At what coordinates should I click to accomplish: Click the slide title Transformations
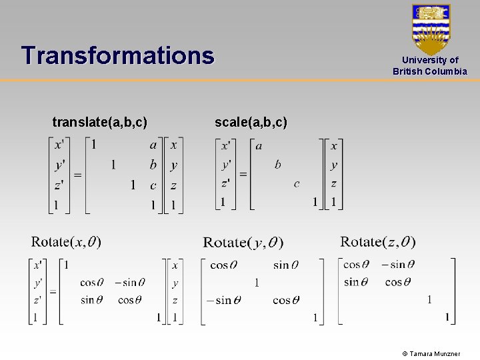pos(117,55)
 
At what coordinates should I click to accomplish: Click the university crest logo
pos(431,29)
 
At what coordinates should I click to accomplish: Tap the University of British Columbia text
pos(430,65)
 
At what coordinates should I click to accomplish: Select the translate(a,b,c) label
pos(100,122)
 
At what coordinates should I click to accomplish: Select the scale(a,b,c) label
pos(251,122)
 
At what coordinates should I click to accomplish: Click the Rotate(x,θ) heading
pos(66,241)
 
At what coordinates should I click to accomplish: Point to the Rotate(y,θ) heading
pos(243,243)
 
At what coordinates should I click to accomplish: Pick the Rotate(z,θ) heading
pos(377,241)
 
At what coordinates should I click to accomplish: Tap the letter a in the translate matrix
pos(153,145)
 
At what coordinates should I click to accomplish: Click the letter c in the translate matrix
pos(153,185)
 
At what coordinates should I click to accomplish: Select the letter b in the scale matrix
pos(277,164)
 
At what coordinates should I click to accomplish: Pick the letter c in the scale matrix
pos(297,183)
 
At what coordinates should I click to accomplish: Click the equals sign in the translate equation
pos(77,175)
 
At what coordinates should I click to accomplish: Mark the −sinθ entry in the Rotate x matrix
pos(130,283)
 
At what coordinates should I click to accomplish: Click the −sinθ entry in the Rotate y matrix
pos(223,301)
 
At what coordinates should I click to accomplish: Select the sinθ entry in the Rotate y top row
pos(285,265)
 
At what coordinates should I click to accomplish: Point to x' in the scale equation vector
pos(227,145)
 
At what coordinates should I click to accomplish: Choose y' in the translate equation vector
pos(60,165)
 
